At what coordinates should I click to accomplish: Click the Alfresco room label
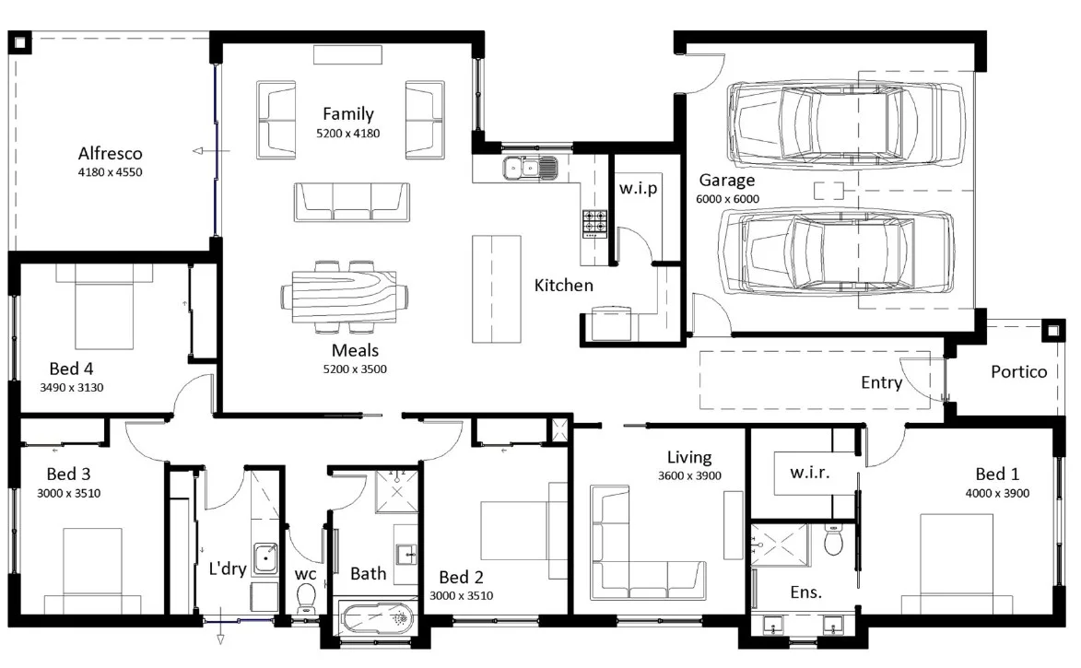tap(111, 153)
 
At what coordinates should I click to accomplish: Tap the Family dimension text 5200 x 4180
tap(348, 133)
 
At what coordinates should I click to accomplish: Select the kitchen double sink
tap(530, 168)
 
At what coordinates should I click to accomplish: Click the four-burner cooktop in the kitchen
tap(595, 223)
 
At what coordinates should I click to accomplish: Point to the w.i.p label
tap(638, 188)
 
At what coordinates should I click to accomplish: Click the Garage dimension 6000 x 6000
tap(727, 199)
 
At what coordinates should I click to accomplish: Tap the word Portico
tap(1018, 371)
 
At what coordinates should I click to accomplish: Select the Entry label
tap(881, 382)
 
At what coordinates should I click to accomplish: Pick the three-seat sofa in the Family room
tap(352, 202)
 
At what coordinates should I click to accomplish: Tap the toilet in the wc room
tap(305, 598)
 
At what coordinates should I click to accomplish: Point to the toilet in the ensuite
tap(834, 540)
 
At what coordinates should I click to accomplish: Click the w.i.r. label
tap(809, 473)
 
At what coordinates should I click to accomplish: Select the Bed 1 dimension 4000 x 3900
tap(997, 494)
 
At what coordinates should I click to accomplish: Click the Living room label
tap(688, 457)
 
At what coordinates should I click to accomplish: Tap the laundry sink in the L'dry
tap(265, 558)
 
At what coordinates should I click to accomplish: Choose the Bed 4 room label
tap(71, 369)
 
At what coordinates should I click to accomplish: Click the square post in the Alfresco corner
tap(19, 42)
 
